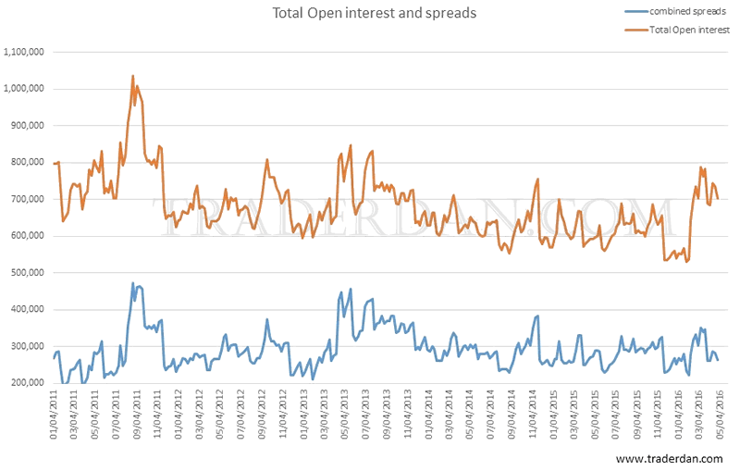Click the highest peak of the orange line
click(132, 76)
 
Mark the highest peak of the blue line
click(133, 283)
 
